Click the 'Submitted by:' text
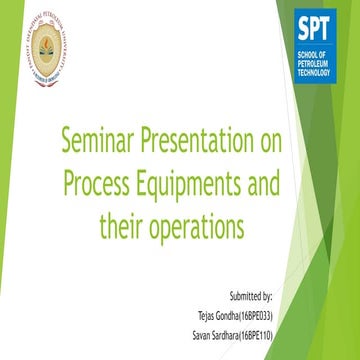(x=248, y=297)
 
